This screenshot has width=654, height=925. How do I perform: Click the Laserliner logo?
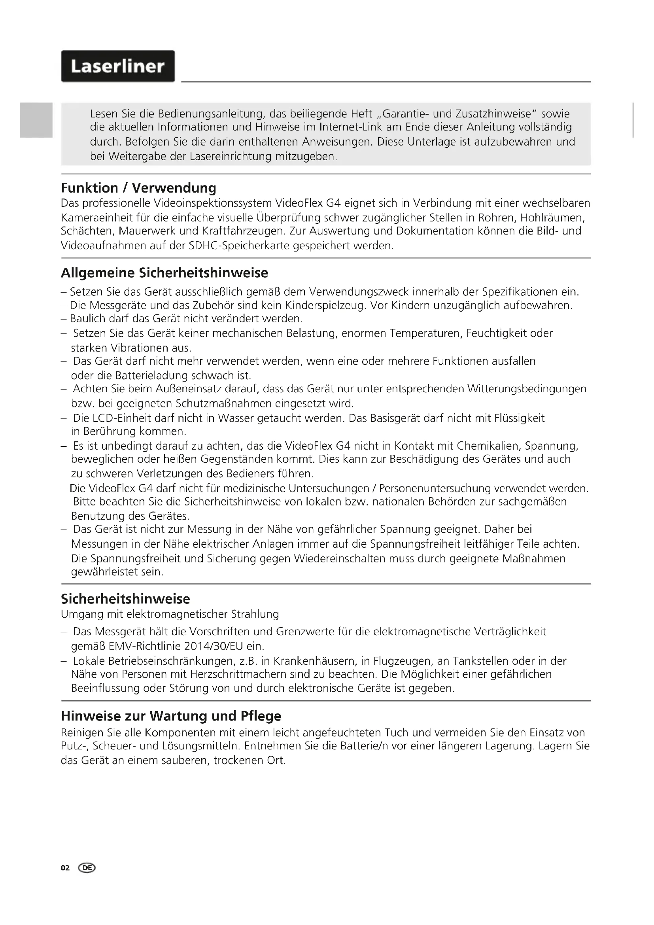pos(117,66)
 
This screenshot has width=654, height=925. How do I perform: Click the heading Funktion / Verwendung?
pos(138,188)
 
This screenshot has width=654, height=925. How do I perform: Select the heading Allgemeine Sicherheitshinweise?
pos(164,273)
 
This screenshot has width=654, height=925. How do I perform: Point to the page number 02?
pos(65,868)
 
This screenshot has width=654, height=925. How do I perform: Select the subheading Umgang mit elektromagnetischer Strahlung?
pos(170,615)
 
